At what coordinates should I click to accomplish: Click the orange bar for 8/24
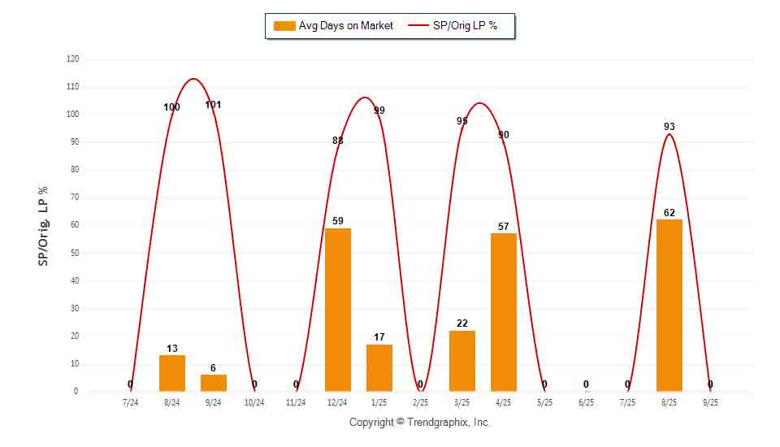click(172, 373)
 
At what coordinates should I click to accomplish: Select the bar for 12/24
click(338, 310)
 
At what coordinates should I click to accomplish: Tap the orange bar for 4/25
click(504, 312)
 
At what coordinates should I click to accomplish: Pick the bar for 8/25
click(669, 306)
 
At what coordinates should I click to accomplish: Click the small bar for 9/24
click(214, 383)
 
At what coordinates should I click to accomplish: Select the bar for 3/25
click(462, 361)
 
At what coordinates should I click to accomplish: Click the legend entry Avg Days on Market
click(334, 26)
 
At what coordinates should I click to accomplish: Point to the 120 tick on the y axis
click(73, 59)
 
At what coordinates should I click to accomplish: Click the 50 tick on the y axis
click(75, 254)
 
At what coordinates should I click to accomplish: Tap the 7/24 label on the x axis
click(130, 402)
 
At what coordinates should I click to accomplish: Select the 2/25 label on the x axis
click(420, 402)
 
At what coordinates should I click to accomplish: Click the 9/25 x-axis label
click(710, 402)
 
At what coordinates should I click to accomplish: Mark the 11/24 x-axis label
click(296, 402)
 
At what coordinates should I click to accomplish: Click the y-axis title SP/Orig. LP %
click(44, 225)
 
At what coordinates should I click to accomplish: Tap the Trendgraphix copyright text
click(419, 423)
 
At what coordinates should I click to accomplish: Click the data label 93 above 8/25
click(669, 127)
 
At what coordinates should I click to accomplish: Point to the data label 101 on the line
click(214, 105)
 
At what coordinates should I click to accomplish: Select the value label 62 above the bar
click(669, 213)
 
